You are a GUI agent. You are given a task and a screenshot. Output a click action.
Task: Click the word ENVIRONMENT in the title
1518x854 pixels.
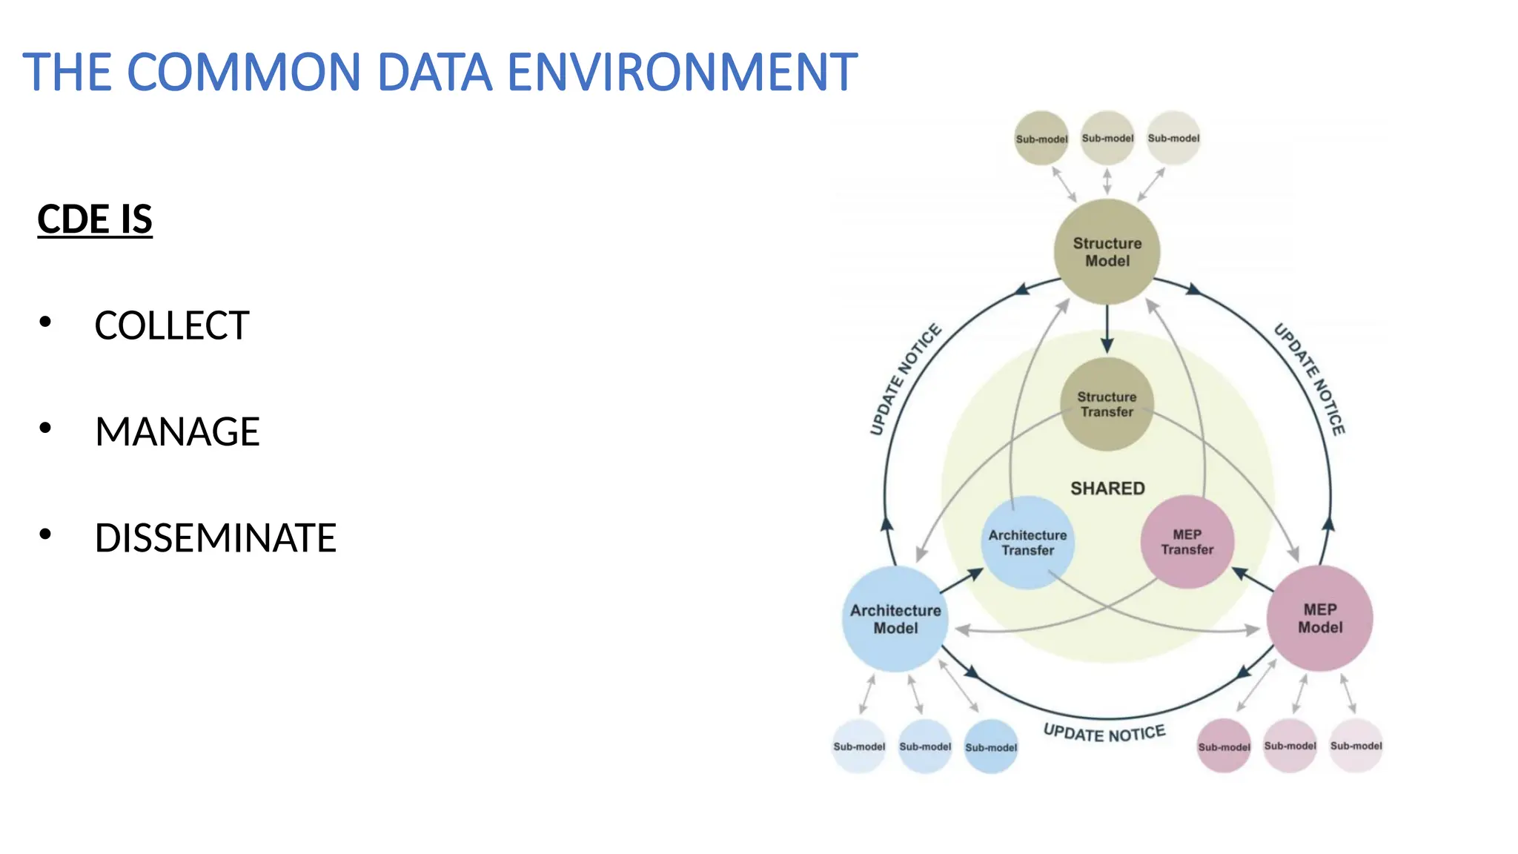(x=682, y=73)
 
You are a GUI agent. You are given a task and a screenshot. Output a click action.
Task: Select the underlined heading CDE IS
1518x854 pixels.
(x=95, y=219)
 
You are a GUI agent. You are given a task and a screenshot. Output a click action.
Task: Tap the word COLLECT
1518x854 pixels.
(x=171, y=325)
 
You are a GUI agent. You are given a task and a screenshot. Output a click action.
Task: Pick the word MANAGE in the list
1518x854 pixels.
(x=177, y=431)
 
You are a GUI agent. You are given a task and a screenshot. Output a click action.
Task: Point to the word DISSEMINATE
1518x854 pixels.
(x=215, y=538)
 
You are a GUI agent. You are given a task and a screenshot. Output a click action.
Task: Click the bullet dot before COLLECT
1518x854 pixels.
(x=45, y=322)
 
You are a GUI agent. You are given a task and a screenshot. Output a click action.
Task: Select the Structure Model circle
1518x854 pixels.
(x=1107, y=252)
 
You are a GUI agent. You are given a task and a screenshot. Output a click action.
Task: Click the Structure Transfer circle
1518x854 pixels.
(x=1107, y=405)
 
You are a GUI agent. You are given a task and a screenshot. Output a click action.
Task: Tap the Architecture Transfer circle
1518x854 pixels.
(x=1027, y=543)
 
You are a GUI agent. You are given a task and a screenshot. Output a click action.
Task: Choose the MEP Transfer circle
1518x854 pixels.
(x=1187, y=542)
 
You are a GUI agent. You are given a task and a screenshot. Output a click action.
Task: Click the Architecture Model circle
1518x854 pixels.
(x=895, y=619)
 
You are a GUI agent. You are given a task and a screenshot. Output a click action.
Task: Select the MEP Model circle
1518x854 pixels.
(x=1319, y=618)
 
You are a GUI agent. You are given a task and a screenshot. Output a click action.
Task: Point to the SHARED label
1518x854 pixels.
(x=1107, y=489)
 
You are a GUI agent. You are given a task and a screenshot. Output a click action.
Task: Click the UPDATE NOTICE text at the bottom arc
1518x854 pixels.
(x=1104, y=733)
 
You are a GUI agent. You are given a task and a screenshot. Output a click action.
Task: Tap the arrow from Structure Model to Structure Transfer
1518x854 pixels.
(x=1107, y=330)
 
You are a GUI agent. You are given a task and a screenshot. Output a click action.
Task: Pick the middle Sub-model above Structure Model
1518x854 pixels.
(x=1107, y=139)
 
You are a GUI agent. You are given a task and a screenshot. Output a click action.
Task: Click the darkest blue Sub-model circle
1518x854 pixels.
(x=991, y=747)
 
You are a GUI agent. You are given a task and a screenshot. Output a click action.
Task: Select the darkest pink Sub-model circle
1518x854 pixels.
(x=1224, y=747)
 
